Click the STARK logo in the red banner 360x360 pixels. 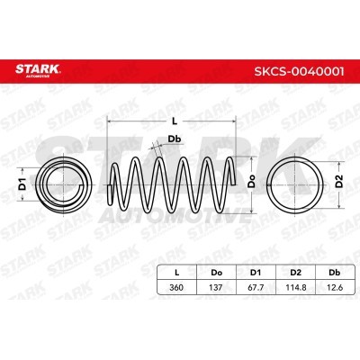pos(38,70)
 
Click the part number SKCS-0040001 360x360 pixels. pos(299,72)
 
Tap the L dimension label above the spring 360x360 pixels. pos(175,121)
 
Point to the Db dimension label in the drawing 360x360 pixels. pos(175,139)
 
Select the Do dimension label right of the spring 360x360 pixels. pos(251,181)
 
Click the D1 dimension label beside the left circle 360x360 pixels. pos(22,184)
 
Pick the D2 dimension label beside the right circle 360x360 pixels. pos(338,181)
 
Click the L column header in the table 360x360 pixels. pos(177,273)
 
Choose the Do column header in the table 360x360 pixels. pos(217,273)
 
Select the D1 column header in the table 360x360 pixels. pos(256,273)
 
